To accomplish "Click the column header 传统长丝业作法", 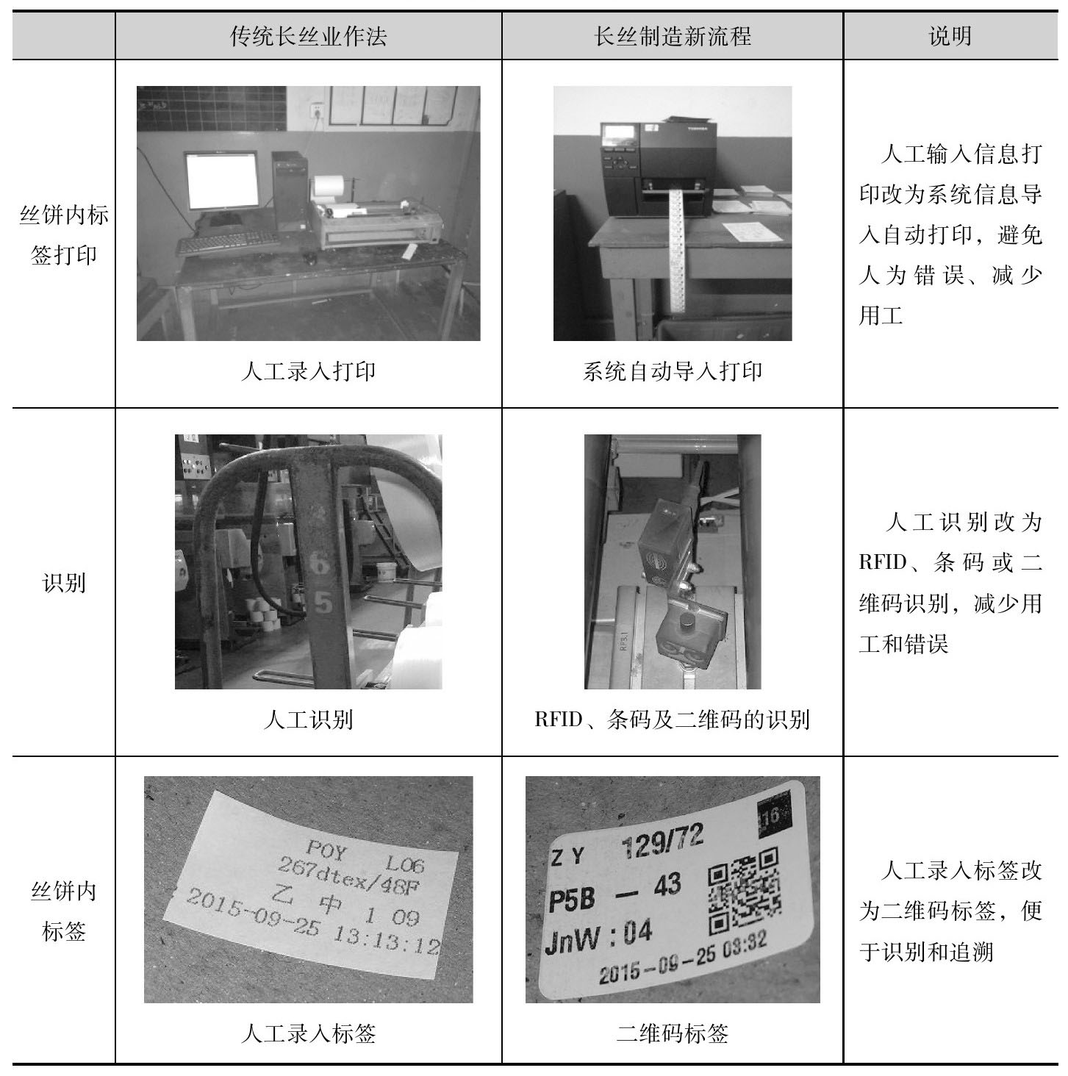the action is [x=308, y=36].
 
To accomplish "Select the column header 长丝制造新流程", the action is [x=673, y=36].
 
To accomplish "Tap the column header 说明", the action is [x=950, y=36].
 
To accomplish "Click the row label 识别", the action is [x=64, y=582].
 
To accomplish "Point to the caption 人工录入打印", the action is [x=308, y=370].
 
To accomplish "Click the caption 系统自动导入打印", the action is [x=673, y=370].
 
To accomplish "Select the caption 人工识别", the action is [x=308, y=720].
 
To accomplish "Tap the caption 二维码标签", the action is [x=673, y=1033].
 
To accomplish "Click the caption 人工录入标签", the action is [x=308, y=1033].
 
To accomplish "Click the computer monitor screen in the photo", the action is [x=222, y=180].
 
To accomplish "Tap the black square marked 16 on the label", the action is [x=774, y=817].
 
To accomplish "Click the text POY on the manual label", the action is [x=326, y=850].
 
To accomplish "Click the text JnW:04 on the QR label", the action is [x=598, y=936].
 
